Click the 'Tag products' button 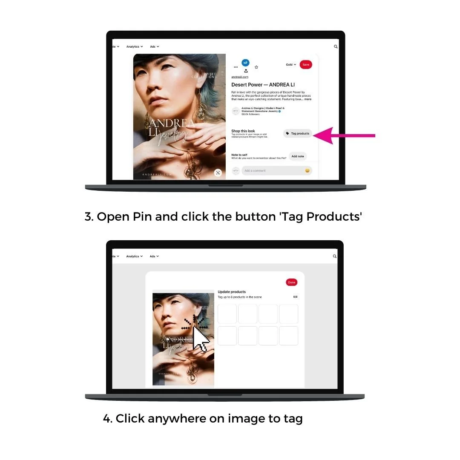pyautogui.click(x=298, y=133)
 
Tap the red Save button pyautogui.click(x=306, y=64)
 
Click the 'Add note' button pyautogui.click(x=298, y=156)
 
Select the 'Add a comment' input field pyautogui.click(x=273, y=171)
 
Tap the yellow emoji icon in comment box pyautogui.click(x=307, y=171)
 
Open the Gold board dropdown pyautogui.click(x=291, y=65)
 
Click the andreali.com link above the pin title pyautogui.click(x=240, y=77)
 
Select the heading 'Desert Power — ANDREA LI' pyautogui.click(x=263, y=85)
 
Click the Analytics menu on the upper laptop pyautogui.click(x=135, y=46)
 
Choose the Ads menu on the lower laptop pyautogui.click(x=154, y=256)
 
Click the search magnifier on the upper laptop pyautogui.click(x=336, y=46)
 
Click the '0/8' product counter pyautogui.click(x=295, y=297)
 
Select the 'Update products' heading pyautogui.click(x=232, y=292)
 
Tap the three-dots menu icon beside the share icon pyautogui.click(x=236, y=67)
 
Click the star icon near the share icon pyautogui.click(x=256, y=67)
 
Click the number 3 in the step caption pyautogui.click(x=89, y=217)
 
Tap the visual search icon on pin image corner pyautogui.click(x=218, y=172)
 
